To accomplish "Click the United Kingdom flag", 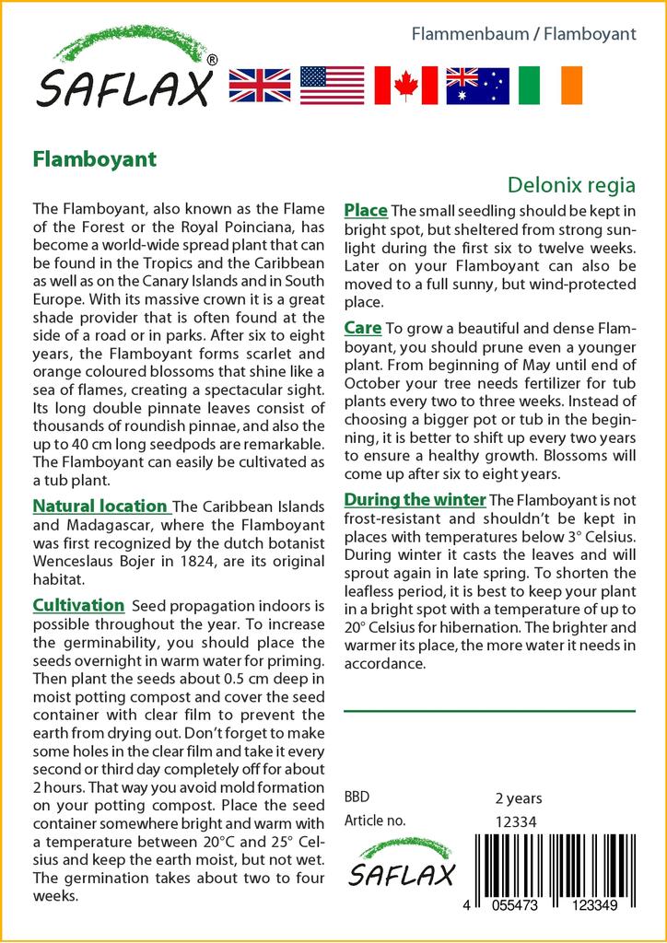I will pyautogui.click(x=260, y=85).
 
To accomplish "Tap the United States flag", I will pyautogui.click(x=333, y=85).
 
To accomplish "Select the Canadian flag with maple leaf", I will pyautogui.click(x=405, y=85).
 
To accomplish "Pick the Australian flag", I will pyautogui.click(x=477, y=85).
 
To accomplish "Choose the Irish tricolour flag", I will pyautogui.click(x=550, y=85).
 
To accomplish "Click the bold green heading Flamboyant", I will pyautogui.click(x=95, y=158).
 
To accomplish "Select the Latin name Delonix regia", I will pyautogui.click(x=572, y=184).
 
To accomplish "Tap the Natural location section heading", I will pyautogui.click(x=99, y=506).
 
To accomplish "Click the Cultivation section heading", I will pyautogui.click(x=78, y=605).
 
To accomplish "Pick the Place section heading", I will pyautogui.click(x=366, y=211).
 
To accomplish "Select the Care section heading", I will pyautogui.click(x=363, y=327).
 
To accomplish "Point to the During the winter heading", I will pyautogui.click(x=415, y=500).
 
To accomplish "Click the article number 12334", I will pyautogui.click(x=516, y=821).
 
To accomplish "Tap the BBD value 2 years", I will pyautogui.click(x=519, y=798).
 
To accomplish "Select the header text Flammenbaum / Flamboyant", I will pyautogui.click(x=522, y=34).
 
